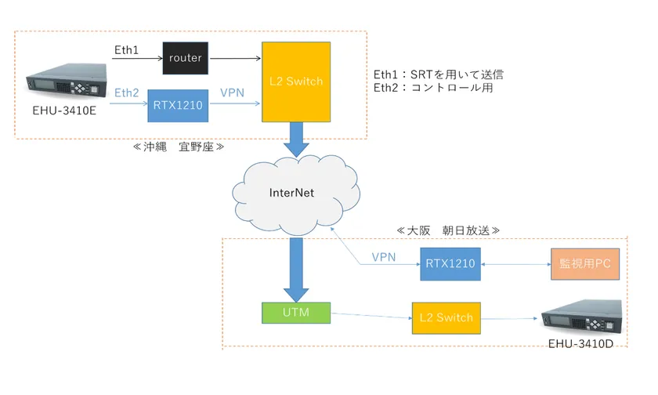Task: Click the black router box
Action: pyautogui.click(x=185, y=57)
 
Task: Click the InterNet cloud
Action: pyautogui.click(x=291, y=193)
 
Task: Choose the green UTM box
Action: pyautogui.click(x=297, y=313)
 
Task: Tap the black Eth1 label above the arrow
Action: pyautogui.click(x=126, y=49)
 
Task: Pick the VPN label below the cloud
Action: pyautogui.click(x=384, y=257)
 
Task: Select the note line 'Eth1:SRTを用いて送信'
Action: pyautogui.click(x=438, y=74)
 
